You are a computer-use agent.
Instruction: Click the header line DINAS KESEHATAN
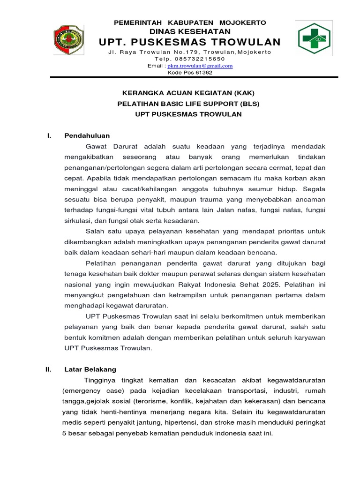click(x=190, y=31)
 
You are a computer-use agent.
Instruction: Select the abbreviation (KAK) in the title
click(x=243, y=93)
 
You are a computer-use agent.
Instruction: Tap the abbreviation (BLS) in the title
click(x=248, y=104)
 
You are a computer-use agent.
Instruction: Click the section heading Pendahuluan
click(x=87, y=135)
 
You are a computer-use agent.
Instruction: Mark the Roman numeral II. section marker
click(x=48, y=369)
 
